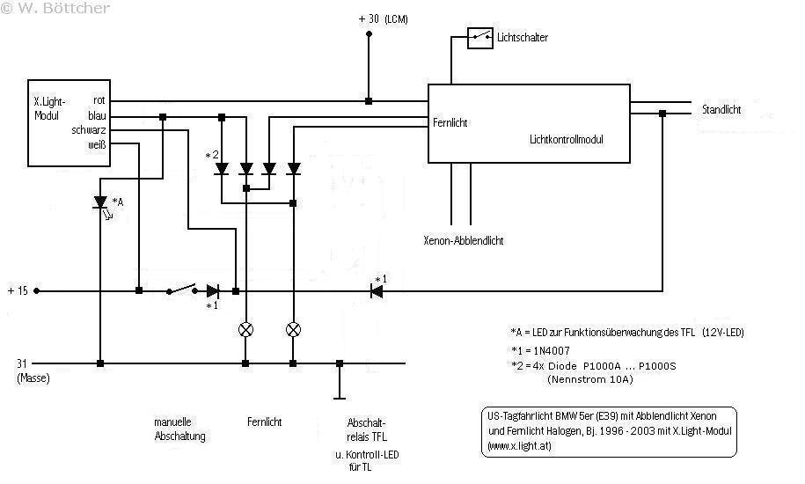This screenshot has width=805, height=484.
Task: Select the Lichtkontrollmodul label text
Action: pyautogui.click(x=567, y=139)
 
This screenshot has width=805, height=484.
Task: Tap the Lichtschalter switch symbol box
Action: pyautogui.click(x=479, y=37)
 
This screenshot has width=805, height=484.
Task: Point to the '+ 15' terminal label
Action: pyautogui.click(x=18, y=290)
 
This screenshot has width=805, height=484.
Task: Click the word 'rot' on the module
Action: pyautogui.click(x=99, y=101)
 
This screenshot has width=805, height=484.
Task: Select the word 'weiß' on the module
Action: pyautogui.click(x=97, y=144)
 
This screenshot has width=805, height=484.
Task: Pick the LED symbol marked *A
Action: pyautogui.click(x=100, y=202)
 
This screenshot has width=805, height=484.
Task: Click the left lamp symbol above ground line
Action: pyautogui.click(x=246, y=330)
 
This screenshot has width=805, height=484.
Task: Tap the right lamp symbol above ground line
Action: pyautogui.click(x=294, y=330)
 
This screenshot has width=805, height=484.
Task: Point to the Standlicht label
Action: pyautogui.click(x=721, y=111)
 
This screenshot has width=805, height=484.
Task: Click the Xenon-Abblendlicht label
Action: pyautogui.click(x=464, y=240)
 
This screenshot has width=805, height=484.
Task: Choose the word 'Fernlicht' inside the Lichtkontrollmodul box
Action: pyautogui.click(x=450, y=123)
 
